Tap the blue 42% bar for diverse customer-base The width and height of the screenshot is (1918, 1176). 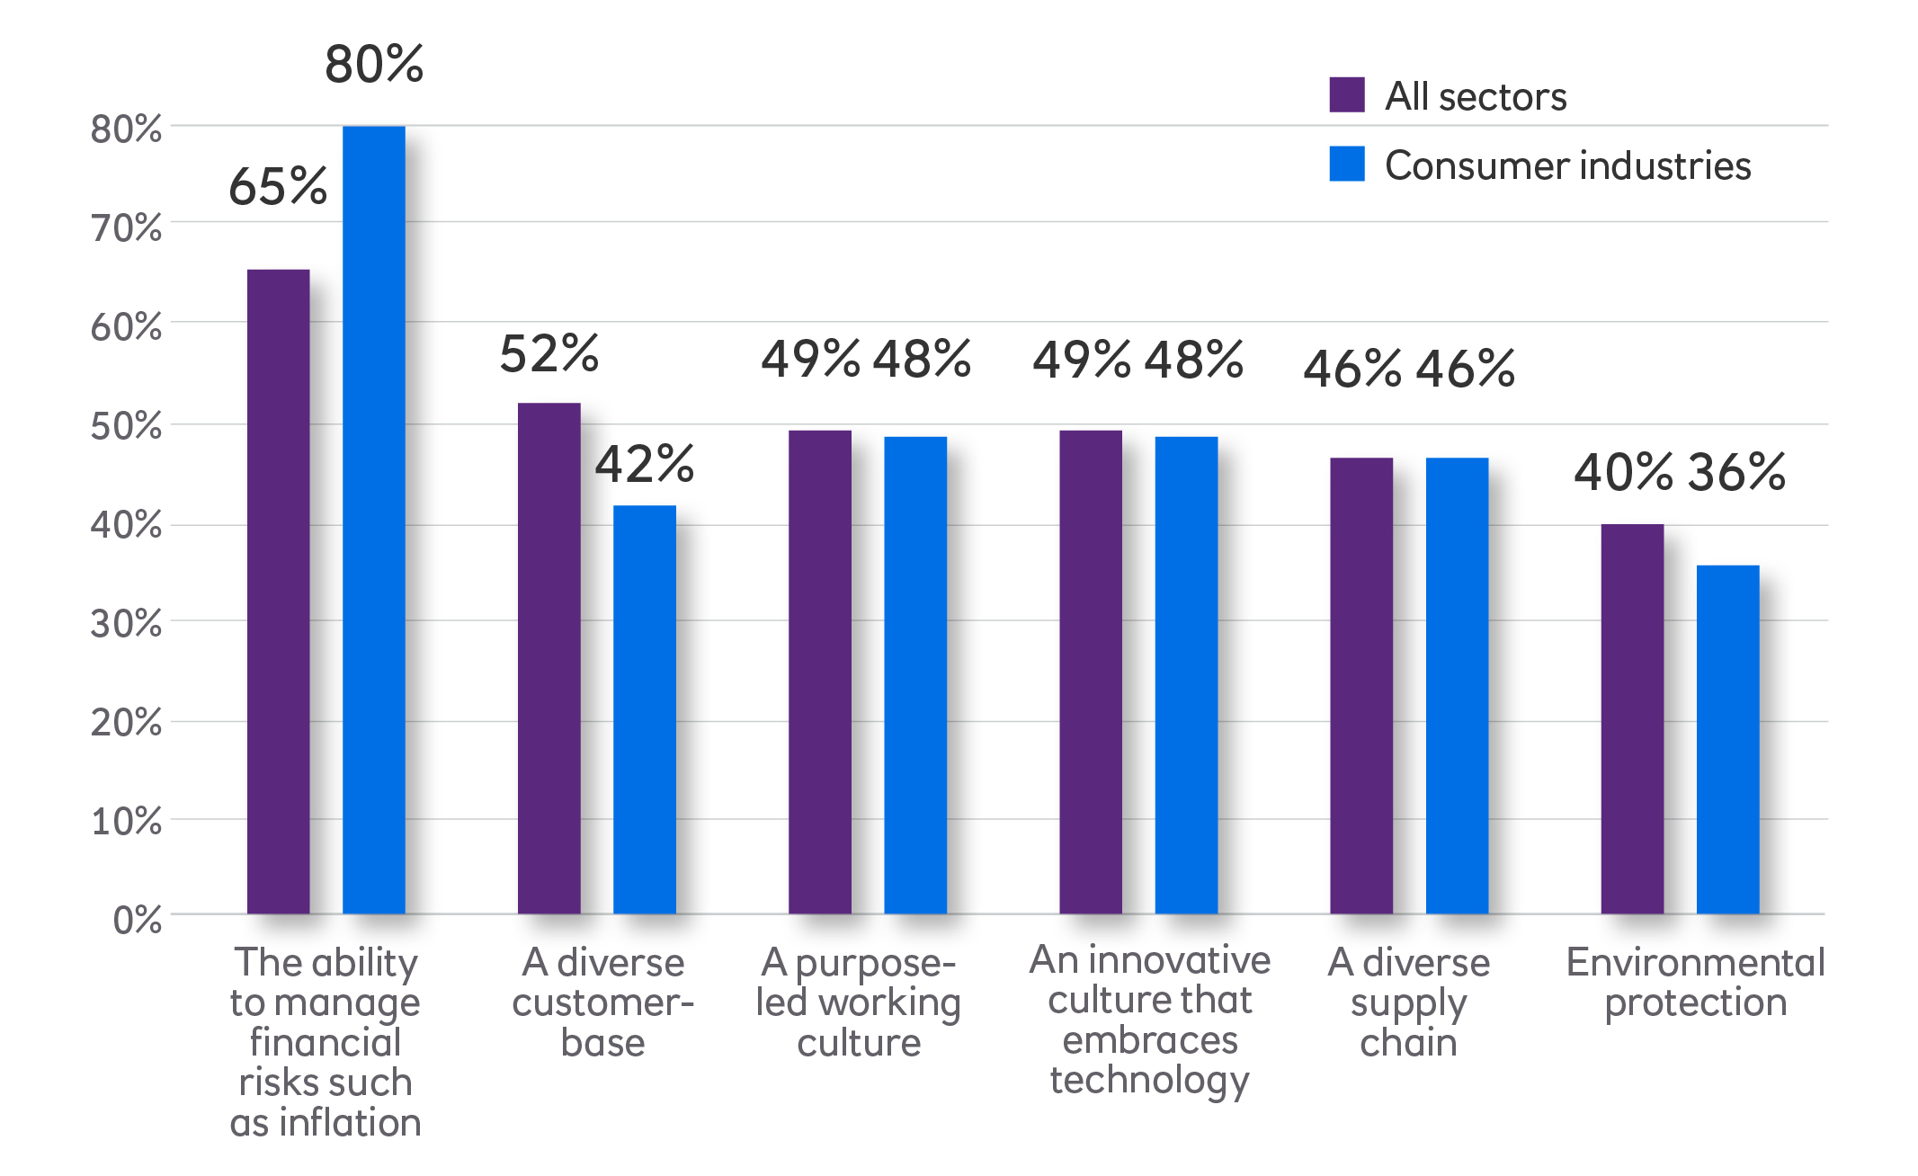tap(645, 709)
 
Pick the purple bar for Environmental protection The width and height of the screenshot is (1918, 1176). tap(1632, 719)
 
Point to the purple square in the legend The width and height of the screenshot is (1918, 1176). tap(1346, 95)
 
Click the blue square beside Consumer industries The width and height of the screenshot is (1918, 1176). tap(1346, 164)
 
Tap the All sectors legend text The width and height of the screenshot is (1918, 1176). tap(1476, 96)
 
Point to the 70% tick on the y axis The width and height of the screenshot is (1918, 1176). tap(126, 228)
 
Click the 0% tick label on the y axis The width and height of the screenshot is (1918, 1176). tap(137, 920)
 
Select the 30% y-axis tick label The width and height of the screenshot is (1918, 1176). tap(126, 623)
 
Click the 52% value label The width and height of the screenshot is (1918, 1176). tap(549, 353)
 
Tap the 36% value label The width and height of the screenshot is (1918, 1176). tap(1736, 472)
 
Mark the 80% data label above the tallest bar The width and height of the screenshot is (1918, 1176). tap(373, 65)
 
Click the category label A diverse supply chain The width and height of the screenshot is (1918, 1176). tap(1408, 1002)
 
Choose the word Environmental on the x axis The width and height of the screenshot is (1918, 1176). tap(1695, 962)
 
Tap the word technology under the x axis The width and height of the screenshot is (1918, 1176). tap(1149, 1080)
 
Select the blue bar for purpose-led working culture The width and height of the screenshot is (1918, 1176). tap(915, 674)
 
